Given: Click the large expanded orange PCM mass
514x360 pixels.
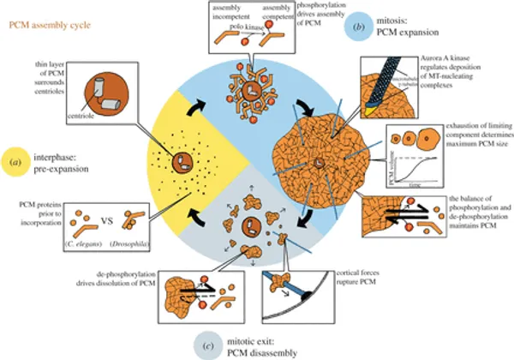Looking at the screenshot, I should coord(317,159).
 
